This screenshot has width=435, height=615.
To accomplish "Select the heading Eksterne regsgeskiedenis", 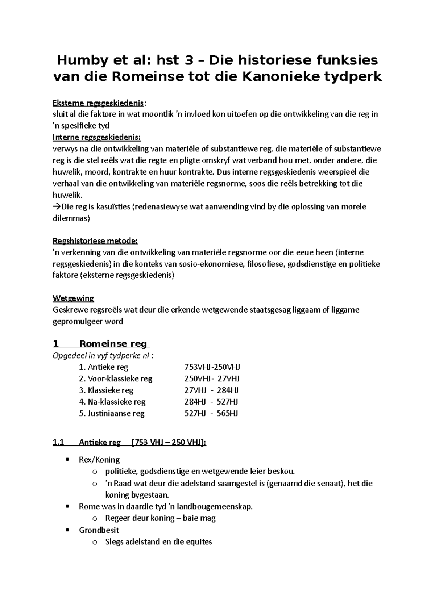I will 98,103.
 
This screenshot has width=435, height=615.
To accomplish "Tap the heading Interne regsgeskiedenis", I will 97,138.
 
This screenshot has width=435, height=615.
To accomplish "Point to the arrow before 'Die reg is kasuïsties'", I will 57,207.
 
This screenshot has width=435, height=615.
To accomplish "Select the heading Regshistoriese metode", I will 95,241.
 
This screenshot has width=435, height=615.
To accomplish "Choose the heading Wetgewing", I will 73,298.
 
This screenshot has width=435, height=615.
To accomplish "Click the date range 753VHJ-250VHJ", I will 212,367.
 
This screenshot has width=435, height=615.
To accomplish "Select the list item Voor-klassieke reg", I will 116,379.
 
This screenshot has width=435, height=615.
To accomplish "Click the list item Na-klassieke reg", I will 112,402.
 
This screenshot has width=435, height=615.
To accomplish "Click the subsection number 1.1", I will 58,442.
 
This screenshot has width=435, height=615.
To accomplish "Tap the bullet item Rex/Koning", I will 99,460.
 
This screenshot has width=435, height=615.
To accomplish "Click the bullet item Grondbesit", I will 99,530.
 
